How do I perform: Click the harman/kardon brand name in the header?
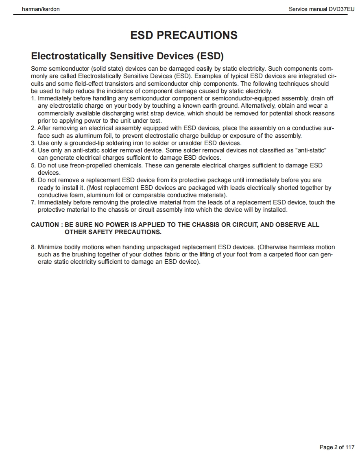pos(40,9)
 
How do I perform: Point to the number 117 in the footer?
pos(350,447)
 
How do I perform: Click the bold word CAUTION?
pos(45,225)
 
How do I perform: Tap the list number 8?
pos(33,247)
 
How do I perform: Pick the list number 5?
pos(33,165)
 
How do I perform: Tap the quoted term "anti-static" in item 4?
pos(312,150)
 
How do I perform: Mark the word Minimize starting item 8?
pos(52,247)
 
